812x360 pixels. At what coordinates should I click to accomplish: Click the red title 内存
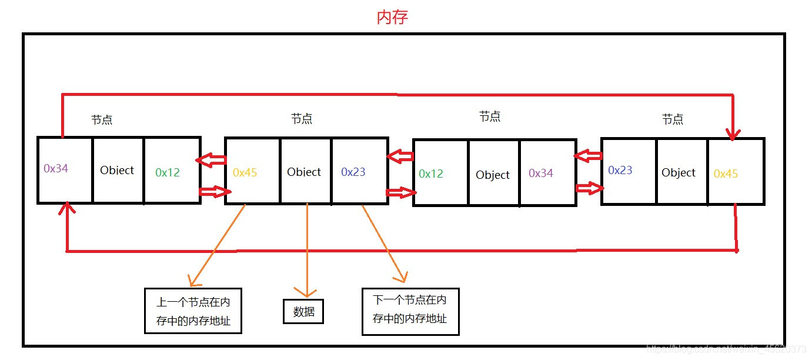[x=392, y=17]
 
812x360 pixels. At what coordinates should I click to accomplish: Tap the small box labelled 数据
[x=303, y=312]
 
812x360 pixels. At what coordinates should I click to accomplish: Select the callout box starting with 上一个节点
[x=193, y=311]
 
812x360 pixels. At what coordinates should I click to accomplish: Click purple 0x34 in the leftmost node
[x=56, y=168]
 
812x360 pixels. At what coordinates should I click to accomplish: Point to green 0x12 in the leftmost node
[x=168, y=172]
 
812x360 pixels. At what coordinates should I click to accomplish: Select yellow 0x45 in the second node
[x=245, y=172]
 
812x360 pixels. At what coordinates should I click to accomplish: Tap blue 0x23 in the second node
[x=353, y=172]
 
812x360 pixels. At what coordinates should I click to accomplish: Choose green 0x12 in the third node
[x=431, y=174]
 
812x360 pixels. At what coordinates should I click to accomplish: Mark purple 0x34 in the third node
[x=540, y=173]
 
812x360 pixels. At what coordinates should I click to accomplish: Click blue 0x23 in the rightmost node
[x=620, y=170]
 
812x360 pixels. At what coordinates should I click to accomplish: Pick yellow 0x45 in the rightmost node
[x=726, y=174]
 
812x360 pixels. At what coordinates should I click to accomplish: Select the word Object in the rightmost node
[x=678, y=172]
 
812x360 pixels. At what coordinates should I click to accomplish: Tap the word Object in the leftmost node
[x=117, y=170]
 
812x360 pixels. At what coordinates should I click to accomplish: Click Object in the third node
[x=493, y=175]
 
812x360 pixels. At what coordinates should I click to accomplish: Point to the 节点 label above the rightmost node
[x=672, y=119]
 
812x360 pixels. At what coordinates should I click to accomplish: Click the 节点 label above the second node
[x=302, y=119]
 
